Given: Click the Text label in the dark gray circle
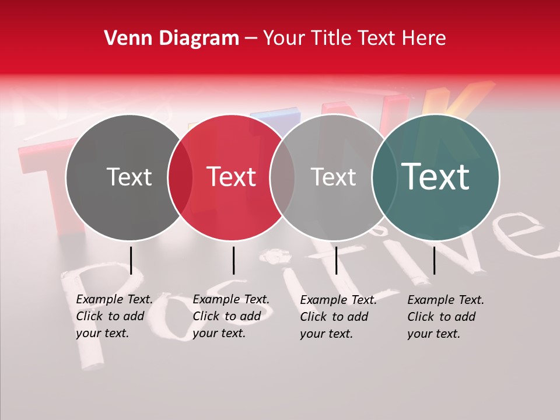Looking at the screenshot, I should (x=129, y=177).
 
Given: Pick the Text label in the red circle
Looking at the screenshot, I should (x=232, y=177).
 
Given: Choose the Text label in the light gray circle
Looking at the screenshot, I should (x=333, y=177).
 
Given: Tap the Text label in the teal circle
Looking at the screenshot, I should (x=435, y=177).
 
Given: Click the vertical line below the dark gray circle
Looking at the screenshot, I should (x=131, y=260).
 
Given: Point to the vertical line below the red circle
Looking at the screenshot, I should (x=233, y=260).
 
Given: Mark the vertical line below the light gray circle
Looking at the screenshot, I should (x=336, y=260).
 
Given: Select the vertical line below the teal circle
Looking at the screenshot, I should (x=434, y=260).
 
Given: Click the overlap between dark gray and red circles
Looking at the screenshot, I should (x=180, y=177).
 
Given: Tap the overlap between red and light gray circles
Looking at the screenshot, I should (x=282, y=177).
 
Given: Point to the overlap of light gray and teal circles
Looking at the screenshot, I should (x=384, y=177).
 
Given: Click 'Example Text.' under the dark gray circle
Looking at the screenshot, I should (x=114, y=300).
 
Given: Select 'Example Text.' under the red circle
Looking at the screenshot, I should (x=231, y=300).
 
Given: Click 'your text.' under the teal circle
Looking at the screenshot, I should (x=433, y=334).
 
